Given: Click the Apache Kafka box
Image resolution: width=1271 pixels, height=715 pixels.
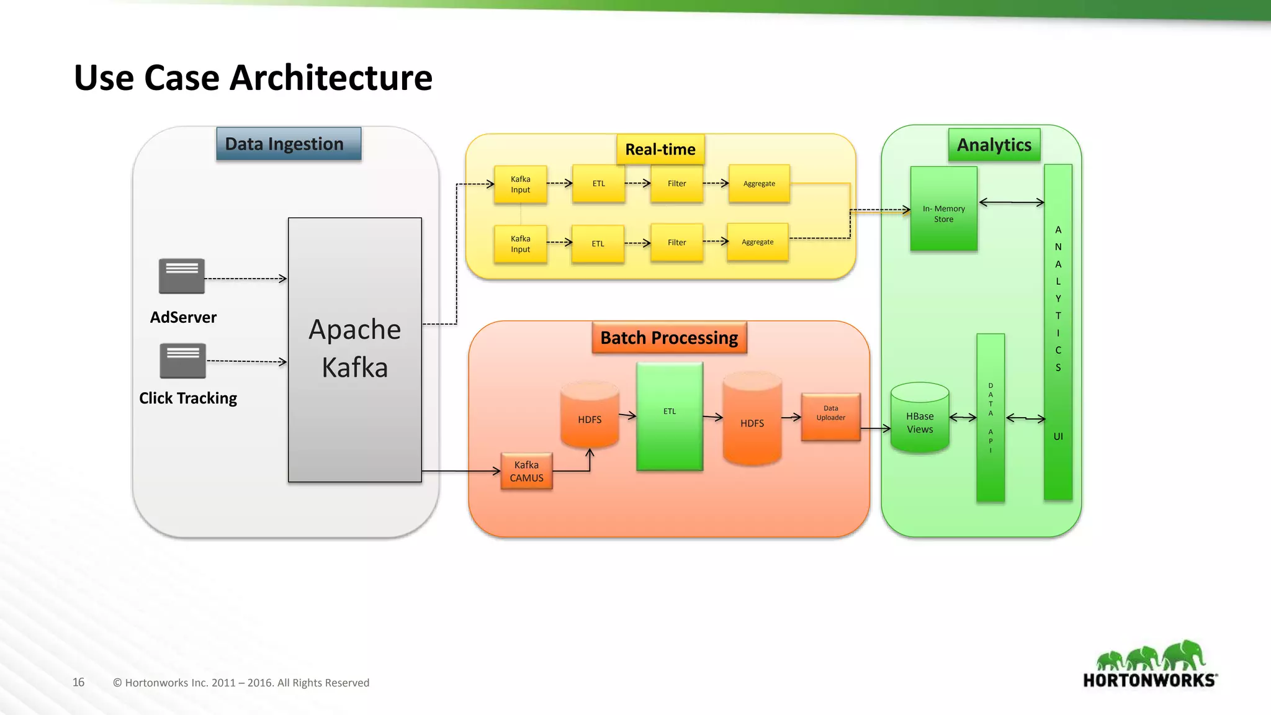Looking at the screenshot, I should point(354,349).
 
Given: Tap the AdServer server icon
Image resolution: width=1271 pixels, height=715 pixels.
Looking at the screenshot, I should point(182,276).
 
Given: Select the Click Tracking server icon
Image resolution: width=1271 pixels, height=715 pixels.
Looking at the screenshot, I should point(182,361).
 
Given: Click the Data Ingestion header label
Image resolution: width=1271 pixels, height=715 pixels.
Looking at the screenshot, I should point(289,144).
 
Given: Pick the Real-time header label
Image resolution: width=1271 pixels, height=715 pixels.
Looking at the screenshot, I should point(660,150).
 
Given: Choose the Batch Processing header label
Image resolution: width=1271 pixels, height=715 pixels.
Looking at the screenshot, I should point(669,338).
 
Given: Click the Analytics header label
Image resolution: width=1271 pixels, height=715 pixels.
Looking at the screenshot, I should point(994,145).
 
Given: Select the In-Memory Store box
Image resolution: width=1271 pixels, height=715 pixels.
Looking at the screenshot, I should point(943,209).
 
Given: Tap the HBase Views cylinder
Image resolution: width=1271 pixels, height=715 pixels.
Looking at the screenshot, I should point(919,418).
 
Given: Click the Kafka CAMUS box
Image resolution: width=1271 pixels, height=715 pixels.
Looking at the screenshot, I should point(526,472).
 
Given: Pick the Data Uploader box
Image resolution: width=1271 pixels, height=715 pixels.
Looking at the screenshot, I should point(830,416).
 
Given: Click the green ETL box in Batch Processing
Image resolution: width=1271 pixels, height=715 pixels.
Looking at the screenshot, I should point(670,416).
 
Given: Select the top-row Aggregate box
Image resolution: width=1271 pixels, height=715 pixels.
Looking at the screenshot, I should point(759,184).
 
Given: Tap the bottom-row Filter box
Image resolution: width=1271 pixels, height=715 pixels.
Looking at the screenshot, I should point(676,243).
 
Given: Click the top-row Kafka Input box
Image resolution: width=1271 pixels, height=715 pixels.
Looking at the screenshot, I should point(520,184).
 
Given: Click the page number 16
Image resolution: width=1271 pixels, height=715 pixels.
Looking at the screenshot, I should point(78,682).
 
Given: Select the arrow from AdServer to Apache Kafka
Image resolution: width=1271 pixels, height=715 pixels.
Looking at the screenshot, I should point(246,279).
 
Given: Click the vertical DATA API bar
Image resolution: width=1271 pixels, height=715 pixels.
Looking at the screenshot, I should point(990,418).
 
